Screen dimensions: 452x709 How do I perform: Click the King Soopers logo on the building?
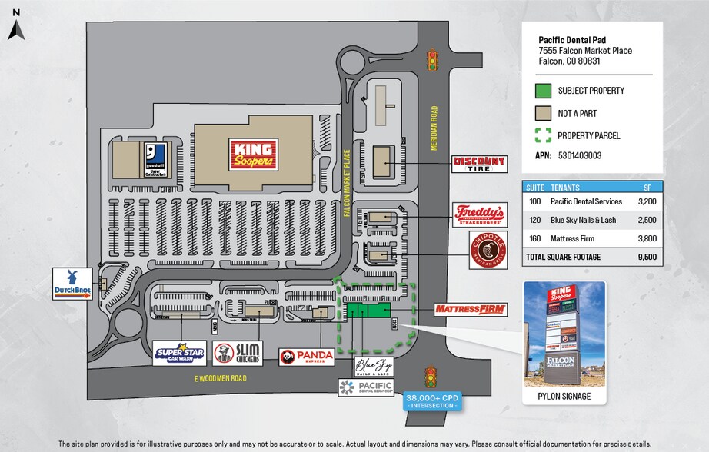tap(253, 154)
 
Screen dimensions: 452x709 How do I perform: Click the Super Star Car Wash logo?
tap(179, 353)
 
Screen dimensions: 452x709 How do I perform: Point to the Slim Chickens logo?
tap(238, 353)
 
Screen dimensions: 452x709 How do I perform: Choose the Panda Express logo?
tap(307, 356)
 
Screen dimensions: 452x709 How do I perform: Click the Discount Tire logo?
tap(479, 164)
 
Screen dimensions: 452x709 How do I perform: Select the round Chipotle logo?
tap(488, 250)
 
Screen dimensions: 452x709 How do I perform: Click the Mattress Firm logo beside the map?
tap(470, 309)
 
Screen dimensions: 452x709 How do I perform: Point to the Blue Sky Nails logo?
tap(373, 367)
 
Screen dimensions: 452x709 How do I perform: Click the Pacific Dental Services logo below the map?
tap(365, 387)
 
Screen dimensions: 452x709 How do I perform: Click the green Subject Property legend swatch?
tap(543, 91)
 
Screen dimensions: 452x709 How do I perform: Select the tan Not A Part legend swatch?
tap(543, 113)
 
